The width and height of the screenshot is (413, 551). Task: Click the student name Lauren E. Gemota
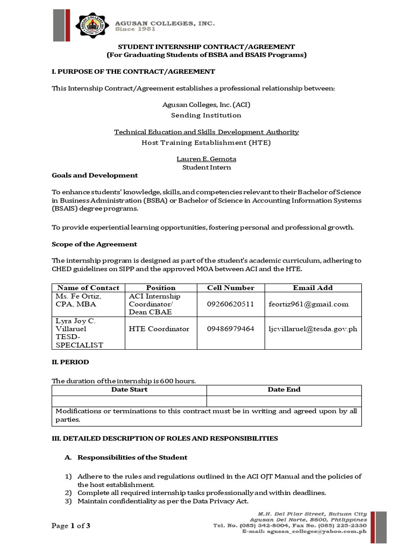click(x=206, y=159)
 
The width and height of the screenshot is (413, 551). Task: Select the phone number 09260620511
click(x=230, y=304)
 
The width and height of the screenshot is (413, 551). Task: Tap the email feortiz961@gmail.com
click(x=308, y=304)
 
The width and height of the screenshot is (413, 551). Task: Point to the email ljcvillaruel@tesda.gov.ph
click(x=312, y=329)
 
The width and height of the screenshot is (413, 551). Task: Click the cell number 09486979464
click(x=230, y=329)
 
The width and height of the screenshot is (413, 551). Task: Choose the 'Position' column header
click(x=160, y=288)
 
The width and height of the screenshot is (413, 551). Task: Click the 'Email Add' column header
click(x=312, y=288)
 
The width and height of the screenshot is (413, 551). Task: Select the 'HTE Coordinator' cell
click(x=159, y=329)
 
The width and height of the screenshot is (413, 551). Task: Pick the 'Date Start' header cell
click(x=129, y=390)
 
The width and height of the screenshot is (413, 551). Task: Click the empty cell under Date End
click(x=284, y=401)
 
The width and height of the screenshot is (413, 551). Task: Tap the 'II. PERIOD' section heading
click(x=70, y=362)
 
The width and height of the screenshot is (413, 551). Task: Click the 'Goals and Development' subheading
click(x=95, y=175)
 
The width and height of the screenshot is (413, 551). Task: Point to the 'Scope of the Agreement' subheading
click(x=94, y=244)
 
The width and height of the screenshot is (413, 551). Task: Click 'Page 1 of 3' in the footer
click(x=71, y=526)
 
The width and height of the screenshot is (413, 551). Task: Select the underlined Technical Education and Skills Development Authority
click(x=206, y=132)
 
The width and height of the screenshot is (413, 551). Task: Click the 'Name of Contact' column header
click(x=88, y=288)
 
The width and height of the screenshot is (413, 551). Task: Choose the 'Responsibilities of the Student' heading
click(x=132, y=457)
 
